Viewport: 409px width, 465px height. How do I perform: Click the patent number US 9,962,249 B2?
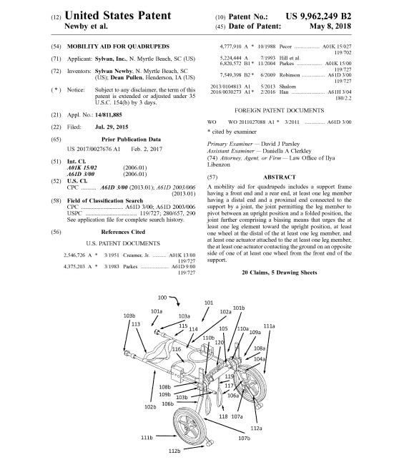coord(318,16)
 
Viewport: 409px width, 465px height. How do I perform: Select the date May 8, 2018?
coord(330,26)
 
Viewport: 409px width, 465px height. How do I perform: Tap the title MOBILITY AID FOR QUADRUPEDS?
coord(118,46)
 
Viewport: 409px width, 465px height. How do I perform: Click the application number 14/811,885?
coord(109,114)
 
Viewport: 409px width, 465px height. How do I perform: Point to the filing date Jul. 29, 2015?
coord(112,127)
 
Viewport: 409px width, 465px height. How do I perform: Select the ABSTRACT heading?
coord(279,177)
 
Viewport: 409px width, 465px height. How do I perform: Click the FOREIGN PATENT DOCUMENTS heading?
coord(279,111)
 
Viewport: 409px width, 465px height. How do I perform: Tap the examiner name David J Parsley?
coord(280,144)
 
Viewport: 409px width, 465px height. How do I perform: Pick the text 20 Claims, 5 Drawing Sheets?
coord(279,273)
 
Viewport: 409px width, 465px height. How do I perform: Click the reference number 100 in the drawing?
coord(162,298)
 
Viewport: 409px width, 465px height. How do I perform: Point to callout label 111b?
coord(147,437)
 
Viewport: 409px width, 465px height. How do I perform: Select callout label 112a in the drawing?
coord(257,428)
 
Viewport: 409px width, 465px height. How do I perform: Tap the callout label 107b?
coord(245,438)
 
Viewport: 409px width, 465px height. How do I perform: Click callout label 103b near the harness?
coord(129,315)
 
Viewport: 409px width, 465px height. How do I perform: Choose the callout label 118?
coord(223,416)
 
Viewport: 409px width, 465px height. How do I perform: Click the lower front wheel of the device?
coord(188,426)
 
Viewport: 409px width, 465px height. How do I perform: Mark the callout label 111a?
coord(269,326)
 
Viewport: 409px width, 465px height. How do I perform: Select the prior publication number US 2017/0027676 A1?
coord(94,149)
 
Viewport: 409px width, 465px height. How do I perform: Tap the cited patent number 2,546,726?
coord(74,255)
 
